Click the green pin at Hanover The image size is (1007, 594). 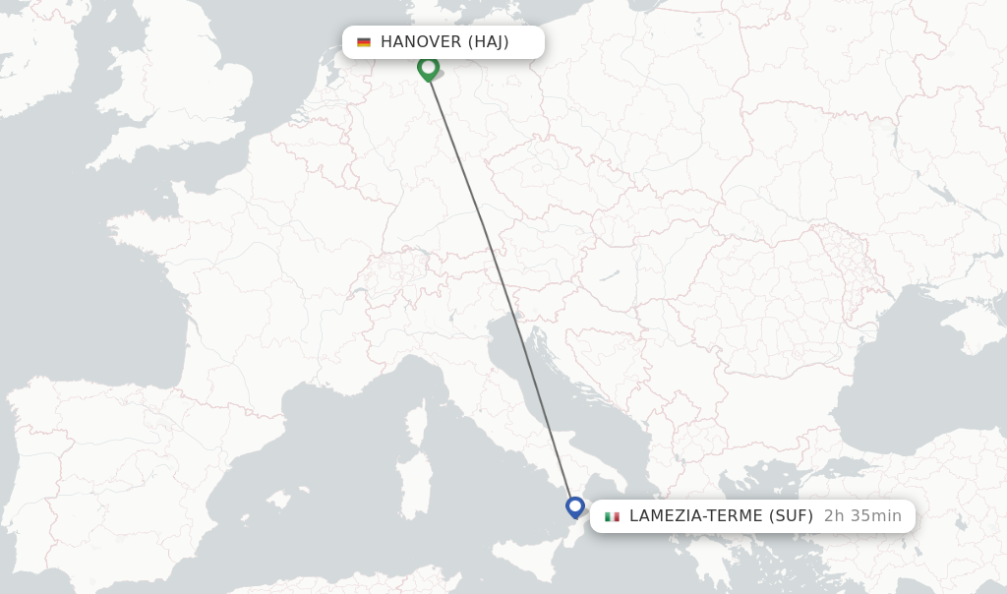(x=428, y=68)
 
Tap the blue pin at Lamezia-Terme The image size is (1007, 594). (x=575, y=507)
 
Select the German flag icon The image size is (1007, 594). (x=364, y=42)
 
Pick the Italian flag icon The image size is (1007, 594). (x=613, y=516)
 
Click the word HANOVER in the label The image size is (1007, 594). (x=420, y=42)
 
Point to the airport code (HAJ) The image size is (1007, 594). (x=488, y=42)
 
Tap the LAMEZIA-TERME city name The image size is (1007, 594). (x=693, y=516)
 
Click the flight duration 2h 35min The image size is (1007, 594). (x=862, y=516)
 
